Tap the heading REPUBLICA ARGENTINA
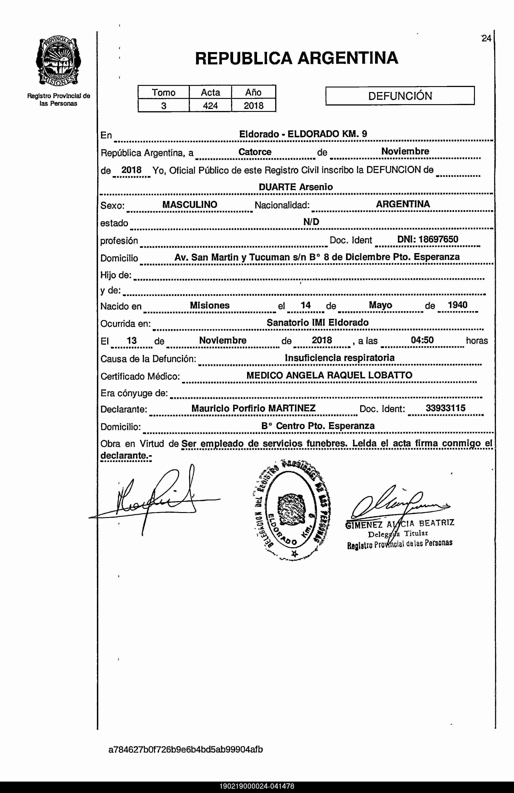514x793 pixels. pyautogui.click(x=296, y=58)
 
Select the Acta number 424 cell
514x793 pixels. pyautogui.click(x=210, y=106)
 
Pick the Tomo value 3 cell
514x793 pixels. pyautogui.click(x=164, y=106)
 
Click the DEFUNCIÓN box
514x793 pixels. pyautogui.click(x=400, y=96)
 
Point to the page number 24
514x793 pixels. pyautogui.click(x=486, y=39)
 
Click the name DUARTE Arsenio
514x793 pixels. pyautogui.click(x=296, y=187)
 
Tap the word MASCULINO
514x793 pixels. pyautogui.click(x=190, y=205)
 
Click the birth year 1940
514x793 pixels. pyautogui.click(x=457, y=305)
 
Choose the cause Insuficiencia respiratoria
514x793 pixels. pyautogui.click(x=340, y=358)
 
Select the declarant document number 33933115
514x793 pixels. pyautogui.click(x=445, y=408)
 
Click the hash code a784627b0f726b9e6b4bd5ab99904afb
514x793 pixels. pyautogui.click(x=186, y=749)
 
